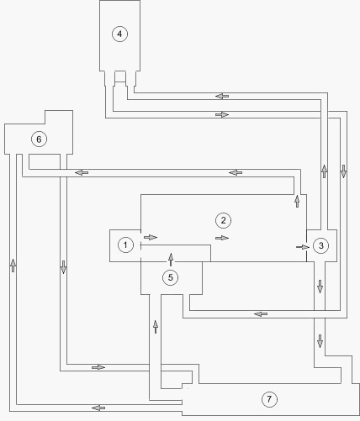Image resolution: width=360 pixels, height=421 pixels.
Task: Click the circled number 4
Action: tap(119, 34)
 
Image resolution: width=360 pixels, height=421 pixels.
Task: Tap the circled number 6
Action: tap(39, 139)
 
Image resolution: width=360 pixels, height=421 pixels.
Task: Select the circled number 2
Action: tap(223, 220)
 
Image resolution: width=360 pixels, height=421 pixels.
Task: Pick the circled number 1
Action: tap(125, 245)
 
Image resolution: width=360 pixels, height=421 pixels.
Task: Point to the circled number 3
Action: tap(320, 245)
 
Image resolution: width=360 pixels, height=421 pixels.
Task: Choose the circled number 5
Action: tap(171, 277)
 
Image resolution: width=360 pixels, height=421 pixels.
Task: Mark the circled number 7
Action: tap(269, 399)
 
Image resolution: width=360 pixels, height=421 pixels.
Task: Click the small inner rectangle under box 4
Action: tap(120, 76)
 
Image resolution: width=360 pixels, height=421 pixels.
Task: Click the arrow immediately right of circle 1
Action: tap(151, 237)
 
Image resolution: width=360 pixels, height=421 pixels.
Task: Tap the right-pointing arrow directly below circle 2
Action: tap(222, 238)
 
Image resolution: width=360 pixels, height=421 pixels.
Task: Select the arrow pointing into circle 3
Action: tap(303, 247)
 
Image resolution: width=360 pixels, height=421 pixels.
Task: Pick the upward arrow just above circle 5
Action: tap(171, 260)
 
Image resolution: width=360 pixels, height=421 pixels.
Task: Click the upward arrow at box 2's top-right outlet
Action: tap(297, 201)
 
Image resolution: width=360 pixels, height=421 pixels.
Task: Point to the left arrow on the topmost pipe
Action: tap(222, 96)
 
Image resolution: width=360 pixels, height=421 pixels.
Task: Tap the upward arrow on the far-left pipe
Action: tap(13, 265)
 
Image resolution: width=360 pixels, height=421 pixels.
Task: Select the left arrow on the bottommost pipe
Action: tap(98, 408)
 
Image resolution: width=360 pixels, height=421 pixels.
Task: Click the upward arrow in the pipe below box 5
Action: tap(156, 327)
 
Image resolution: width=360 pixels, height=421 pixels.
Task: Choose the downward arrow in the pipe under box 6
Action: tap(63, 267)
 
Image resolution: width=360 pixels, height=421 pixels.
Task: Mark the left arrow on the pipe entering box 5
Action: tap(261, 314)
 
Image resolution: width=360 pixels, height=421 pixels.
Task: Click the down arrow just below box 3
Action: tap(320, 287)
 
